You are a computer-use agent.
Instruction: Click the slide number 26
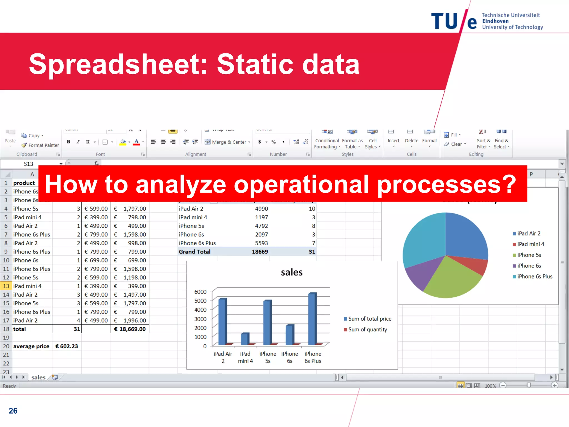click(x=13, y=411)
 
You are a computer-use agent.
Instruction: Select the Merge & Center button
click(x=228, y=142)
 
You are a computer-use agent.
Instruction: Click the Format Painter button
click(x=40, y=145)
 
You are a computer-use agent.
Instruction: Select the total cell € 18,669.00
click(x=130, y=329)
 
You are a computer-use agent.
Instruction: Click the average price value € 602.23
click(x=67, y=346)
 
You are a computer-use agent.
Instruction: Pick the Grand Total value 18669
click(x=260, y=252)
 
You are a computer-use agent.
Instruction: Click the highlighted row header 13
click(x=6, y=286)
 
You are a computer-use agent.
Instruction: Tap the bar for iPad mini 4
click(x=244, y=339)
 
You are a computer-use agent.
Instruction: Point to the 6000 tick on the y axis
click(x=200, y=292)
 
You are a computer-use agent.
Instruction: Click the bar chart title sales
click(x=291, y=272)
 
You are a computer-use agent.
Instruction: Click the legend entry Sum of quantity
click(x=367, y=329)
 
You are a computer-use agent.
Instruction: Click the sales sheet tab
click(x=38, y=377)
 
